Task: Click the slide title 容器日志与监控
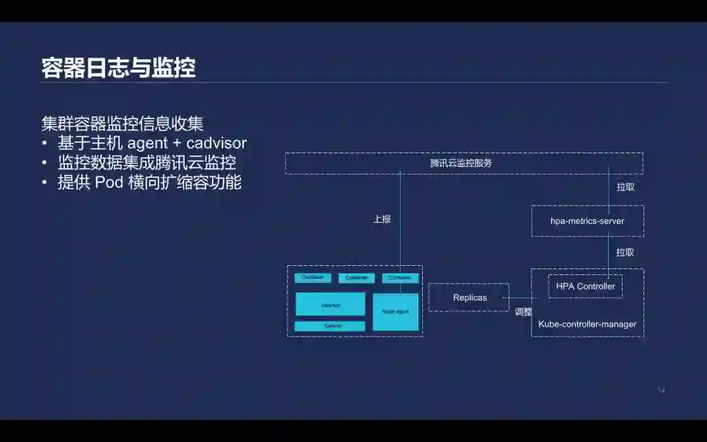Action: coord(118,68)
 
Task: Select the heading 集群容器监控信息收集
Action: coord(122,124)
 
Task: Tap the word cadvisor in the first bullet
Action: coord(216,143)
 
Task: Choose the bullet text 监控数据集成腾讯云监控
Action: coord(147,162)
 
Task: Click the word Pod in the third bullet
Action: coord(109,182)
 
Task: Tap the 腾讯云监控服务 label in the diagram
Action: coord(461,163)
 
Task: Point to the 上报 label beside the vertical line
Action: coord(382,219)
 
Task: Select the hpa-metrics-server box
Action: coord(587,221)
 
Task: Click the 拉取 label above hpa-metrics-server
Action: coord(625,187)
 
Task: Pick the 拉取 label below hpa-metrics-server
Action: coord(625,252)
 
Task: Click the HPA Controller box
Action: coord(585,286)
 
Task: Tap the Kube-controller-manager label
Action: coord(587,324)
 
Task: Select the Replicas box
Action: coord(469,298)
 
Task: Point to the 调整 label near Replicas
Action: coord(523,312)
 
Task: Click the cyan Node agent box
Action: coord(395,312)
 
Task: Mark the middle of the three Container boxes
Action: coord(356,278)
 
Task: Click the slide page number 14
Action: coord(661,390)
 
